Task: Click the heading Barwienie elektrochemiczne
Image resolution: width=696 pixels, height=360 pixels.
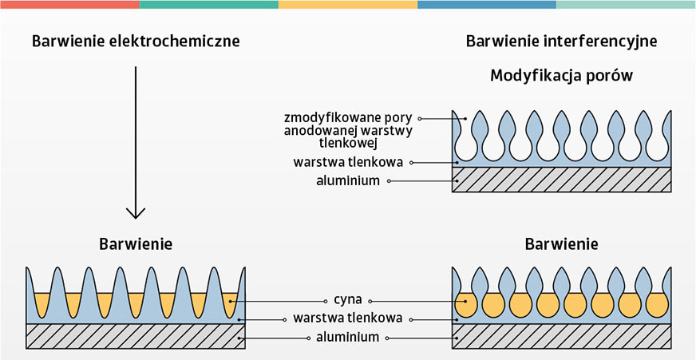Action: coord(136,41)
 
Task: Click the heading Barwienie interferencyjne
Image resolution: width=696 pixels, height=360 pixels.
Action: coord(561,41)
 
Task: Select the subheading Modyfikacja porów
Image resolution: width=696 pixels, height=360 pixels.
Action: coord(561,77)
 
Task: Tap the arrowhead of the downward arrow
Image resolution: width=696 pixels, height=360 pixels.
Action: coord(136,212)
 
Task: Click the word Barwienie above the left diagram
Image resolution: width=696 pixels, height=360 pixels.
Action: coord(136,243)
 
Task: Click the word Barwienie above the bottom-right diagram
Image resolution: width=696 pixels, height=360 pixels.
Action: coord(561,243)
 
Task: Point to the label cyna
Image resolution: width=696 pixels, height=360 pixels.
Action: coord(347,301)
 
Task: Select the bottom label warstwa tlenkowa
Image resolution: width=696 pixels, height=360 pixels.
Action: coord(347,318)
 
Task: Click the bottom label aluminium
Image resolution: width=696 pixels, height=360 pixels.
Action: coord(347,338)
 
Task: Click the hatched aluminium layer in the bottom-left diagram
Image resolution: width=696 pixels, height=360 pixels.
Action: coord(136,337)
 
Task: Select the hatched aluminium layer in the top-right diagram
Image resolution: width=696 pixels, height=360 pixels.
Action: coord(561,180)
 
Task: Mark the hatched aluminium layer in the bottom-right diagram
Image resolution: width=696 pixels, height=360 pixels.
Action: coord(561,337)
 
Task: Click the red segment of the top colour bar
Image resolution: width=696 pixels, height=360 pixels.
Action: coord(69,4)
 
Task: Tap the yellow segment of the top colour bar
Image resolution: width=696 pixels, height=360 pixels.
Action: coord(347,4)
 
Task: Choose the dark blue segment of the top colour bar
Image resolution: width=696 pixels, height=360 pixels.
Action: coord(486,4)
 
